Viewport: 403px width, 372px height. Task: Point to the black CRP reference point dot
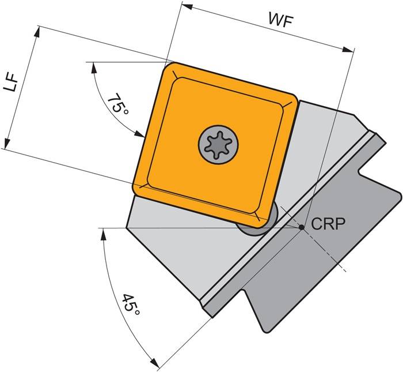tap(301, 228)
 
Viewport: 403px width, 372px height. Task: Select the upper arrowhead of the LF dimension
tap(38, 29)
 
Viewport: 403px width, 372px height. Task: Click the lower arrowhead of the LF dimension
tap(6, 145)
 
